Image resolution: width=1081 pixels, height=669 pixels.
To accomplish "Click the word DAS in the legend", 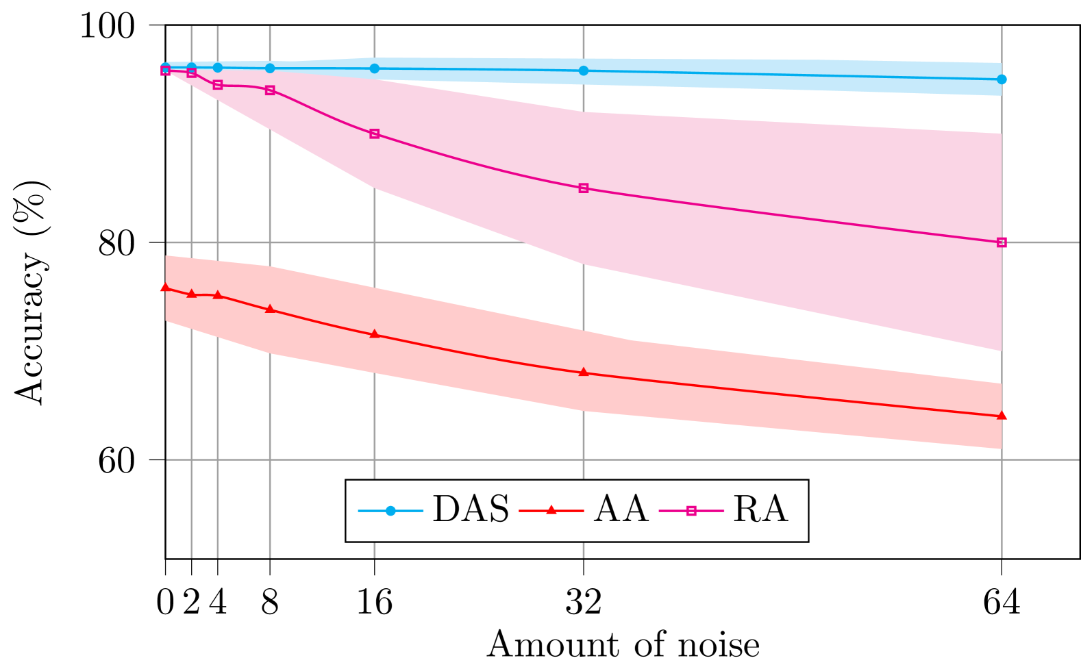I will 471,510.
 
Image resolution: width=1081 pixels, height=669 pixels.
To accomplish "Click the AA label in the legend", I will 621,510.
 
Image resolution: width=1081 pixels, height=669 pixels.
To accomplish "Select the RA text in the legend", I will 760,510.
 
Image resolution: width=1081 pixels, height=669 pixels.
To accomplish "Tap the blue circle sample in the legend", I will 390,511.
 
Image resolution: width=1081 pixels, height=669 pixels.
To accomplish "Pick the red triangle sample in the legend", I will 551,510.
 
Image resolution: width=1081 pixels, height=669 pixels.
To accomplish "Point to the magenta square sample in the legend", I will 691,511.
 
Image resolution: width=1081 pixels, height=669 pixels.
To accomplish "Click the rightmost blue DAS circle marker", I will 1002,79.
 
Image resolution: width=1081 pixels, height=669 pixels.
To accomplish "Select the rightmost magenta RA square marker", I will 1002,242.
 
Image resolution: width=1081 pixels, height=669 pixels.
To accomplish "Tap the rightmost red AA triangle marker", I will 1002,416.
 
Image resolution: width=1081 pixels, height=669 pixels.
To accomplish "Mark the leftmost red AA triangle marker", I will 165,287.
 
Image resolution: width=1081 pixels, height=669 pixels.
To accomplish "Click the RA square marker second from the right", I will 584,188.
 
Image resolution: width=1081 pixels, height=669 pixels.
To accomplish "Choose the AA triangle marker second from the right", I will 584,373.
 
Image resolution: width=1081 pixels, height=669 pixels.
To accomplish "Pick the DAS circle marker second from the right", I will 584,71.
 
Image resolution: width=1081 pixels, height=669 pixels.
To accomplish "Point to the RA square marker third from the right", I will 375,134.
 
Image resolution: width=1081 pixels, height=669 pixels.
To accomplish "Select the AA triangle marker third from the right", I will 375,334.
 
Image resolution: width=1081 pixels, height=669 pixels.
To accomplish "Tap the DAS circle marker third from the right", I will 375,68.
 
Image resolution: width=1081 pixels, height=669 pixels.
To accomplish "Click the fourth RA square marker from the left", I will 270,90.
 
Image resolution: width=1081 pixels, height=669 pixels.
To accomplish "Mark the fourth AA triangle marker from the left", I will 270,309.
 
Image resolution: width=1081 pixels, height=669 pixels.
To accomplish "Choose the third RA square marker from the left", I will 218,85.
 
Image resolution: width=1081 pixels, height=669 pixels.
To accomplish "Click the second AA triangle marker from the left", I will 192,294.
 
